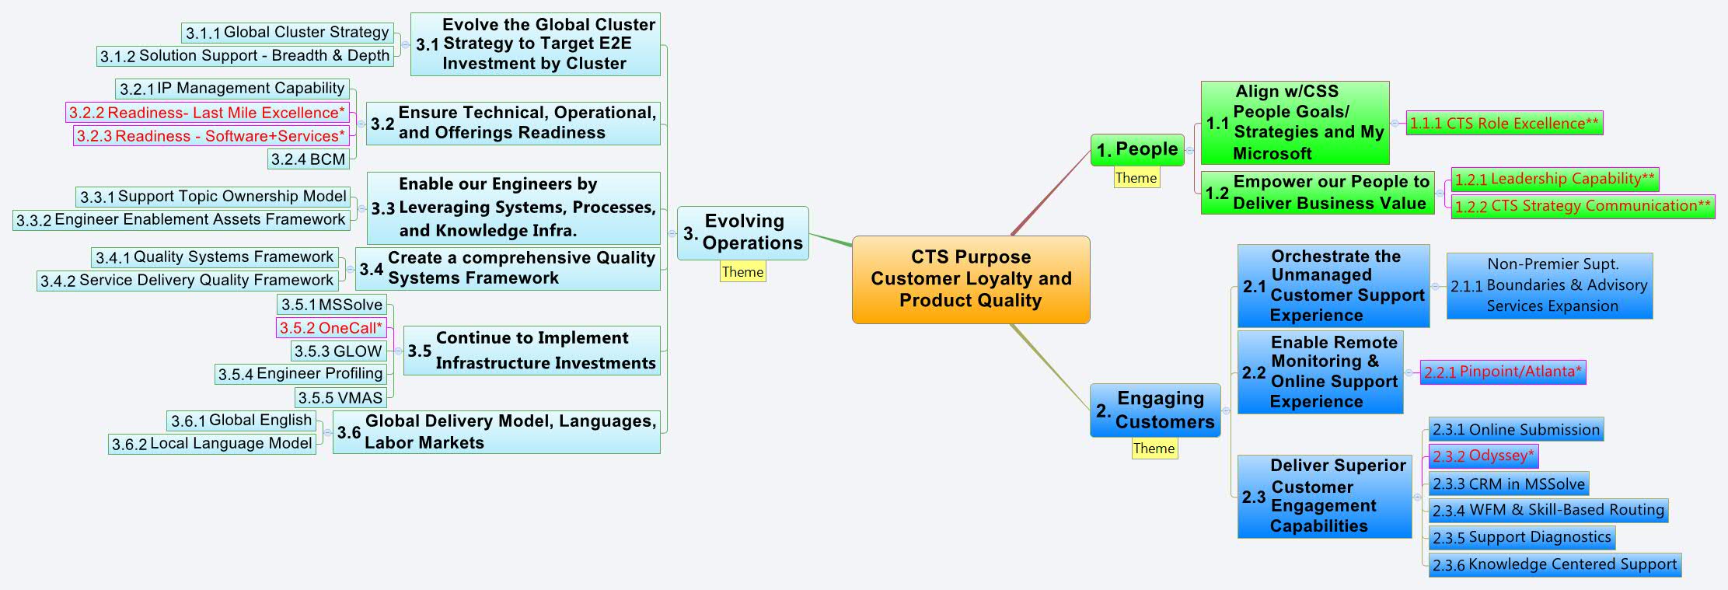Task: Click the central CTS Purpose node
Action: (x=971, y=279)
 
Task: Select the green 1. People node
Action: (x=1136, y=149)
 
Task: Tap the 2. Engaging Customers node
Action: (x=1155, y=410)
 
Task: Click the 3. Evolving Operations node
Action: (x=743, y=232)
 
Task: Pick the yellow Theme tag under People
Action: (x=1136, y=178)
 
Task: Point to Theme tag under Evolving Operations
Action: (x=742, y=272)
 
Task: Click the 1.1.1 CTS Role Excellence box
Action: (x=1504, y=123)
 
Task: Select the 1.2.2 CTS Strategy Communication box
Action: (x=1582, y=206)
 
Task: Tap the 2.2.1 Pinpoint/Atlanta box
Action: (x=1503, y=372)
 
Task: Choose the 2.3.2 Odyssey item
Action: (x=1483, y=456)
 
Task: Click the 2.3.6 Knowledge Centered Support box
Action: (x=1555, y=564)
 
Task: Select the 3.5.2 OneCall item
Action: (x=331, y=328)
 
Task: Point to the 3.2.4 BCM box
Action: (x=308, y=159)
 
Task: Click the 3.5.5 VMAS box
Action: (x=340, y=398)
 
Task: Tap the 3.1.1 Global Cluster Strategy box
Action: (x=287, y=33)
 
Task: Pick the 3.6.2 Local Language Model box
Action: (x=211, y=444)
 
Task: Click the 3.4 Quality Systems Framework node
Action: (x=508, y=268)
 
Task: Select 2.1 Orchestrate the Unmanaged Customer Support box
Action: (x=1333, y=286)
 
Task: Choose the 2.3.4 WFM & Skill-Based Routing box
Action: (x=1548, y=510)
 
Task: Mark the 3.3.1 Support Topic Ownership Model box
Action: (x=213, y=197)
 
